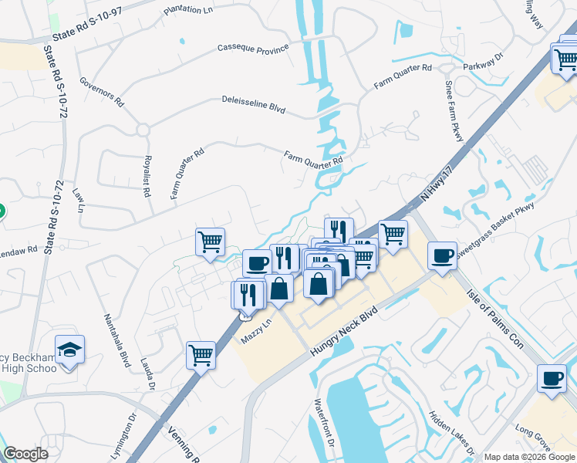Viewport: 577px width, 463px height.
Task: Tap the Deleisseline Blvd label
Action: pos(253,105)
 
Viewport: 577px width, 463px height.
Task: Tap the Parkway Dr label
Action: pos(483,62)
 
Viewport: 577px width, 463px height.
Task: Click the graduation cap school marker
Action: pos(70,349)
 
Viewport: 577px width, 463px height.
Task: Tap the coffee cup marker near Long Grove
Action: pos(552,378)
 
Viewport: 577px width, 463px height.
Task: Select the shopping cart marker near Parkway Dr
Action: pos(564,57)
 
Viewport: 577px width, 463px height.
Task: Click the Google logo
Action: pos(25,454)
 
